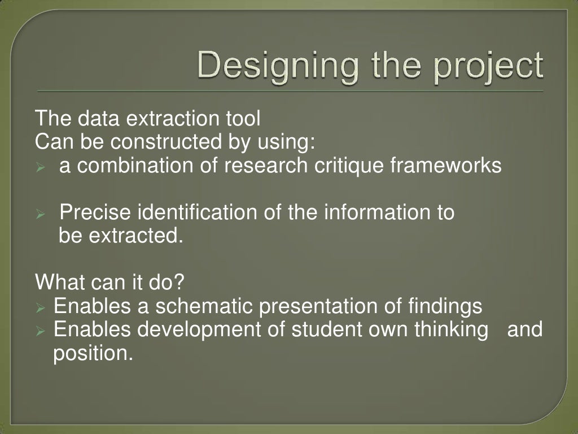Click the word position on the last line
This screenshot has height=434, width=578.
93,354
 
